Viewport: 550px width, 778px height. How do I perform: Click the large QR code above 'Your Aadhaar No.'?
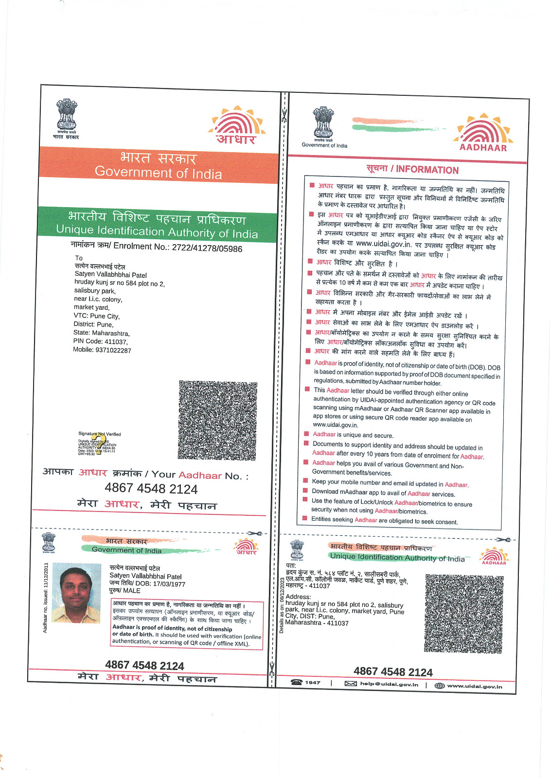(x=217, y=421)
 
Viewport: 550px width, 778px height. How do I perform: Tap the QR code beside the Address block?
(x=464, y=614)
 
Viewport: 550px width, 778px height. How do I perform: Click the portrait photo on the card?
(x=76, y=593)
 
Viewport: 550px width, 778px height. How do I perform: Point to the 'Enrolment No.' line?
(x=156, y=247)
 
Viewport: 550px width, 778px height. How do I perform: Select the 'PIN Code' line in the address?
(x=100, y=342)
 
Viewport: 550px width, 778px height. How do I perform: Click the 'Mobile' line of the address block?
(x=102, y=350)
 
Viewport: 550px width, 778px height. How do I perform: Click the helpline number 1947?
(x=312, y=683)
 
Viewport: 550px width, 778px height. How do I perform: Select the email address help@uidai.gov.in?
(x=389, y=684)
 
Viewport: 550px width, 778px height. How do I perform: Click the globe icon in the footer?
(x=440, y=686)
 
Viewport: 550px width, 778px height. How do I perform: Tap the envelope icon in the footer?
(x=351, y=684)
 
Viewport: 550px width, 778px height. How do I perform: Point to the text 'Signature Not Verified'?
(x=100, y=434)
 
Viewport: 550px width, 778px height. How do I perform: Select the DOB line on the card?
(x=147, y=583)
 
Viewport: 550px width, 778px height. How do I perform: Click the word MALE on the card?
(x=132, y=591)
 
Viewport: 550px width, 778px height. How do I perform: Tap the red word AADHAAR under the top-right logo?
(x=483, y=148)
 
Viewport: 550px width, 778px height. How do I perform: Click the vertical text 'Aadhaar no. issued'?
(x=46, y=598)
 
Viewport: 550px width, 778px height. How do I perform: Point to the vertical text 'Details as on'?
(x=282, y=605)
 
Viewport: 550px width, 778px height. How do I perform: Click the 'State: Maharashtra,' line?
(x=102, y=333)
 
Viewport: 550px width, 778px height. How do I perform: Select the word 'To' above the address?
(x=79, y=258)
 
